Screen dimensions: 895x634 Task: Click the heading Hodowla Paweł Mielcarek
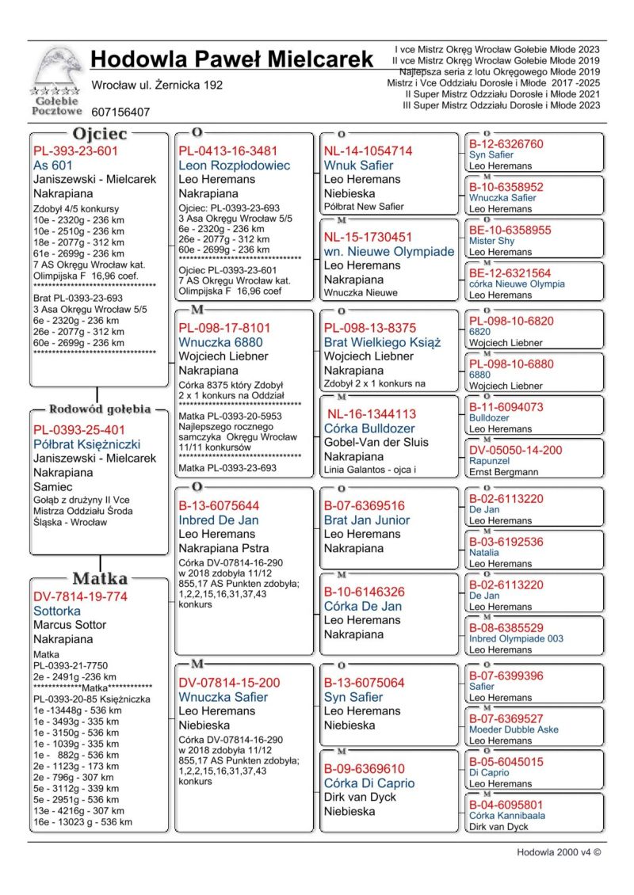[231, 59]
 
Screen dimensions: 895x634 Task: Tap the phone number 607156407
[120, 112]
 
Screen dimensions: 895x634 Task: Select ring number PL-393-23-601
[75, 151]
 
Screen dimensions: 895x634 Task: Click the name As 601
[53, 166]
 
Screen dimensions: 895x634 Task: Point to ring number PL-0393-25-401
[80, 430]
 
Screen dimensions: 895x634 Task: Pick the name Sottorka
[57, 611]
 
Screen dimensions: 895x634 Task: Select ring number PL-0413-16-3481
[228, 151]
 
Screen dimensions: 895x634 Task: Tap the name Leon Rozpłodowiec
[235, 166]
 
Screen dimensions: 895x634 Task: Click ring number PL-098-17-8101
[224, 327]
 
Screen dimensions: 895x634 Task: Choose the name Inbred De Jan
[220, 520]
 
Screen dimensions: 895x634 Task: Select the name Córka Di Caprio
[369, 783]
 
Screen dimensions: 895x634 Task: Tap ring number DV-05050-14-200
[515, 450]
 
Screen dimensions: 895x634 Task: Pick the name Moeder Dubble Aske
[514, 729]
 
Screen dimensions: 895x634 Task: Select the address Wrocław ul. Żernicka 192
[157, 85]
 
